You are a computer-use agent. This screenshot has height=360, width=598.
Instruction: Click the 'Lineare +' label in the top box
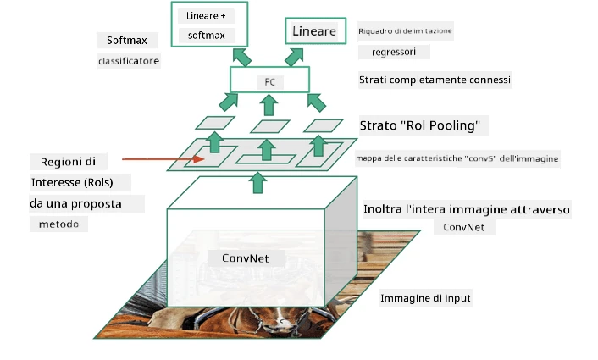pos(206,16)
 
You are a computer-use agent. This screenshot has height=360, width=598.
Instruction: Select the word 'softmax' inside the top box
pos(207,36)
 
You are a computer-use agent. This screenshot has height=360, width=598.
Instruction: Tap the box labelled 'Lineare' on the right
pos(315,30)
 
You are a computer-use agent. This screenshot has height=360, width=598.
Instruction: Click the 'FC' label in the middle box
pos(269,82)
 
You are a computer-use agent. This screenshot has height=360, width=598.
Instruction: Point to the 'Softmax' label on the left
pos(127,41)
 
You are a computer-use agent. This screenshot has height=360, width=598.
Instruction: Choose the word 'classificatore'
pos(129,61)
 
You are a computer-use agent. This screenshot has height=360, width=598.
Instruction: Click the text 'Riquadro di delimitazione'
pos(405,30)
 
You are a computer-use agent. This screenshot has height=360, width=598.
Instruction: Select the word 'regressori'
pos(394,52)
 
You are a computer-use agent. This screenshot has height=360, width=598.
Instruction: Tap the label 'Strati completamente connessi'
pos(435,80)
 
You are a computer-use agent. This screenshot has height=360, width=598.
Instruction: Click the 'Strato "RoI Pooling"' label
pos(420,125)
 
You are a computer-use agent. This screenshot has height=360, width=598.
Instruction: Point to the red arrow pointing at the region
pos(163,159)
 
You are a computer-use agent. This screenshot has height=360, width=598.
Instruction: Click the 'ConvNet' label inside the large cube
pos(246,258)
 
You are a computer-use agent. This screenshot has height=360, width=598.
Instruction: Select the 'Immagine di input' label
pos(425,298)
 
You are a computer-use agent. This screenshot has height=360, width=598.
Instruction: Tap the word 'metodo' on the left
pos(58,224)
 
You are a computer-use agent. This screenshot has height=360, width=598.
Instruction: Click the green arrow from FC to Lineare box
pos(294,57)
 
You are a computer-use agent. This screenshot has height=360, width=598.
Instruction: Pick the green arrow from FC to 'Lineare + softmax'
pos(241,58)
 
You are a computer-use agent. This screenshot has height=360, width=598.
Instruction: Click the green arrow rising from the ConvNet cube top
pos(258,183)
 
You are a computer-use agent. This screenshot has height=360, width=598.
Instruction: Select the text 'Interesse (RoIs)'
pos(72,183)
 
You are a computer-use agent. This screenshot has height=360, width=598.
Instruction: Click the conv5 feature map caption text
pos(457,158)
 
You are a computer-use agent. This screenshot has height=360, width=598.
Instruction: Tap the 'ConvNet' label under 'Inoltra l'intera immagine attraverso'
pos(464,227)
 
